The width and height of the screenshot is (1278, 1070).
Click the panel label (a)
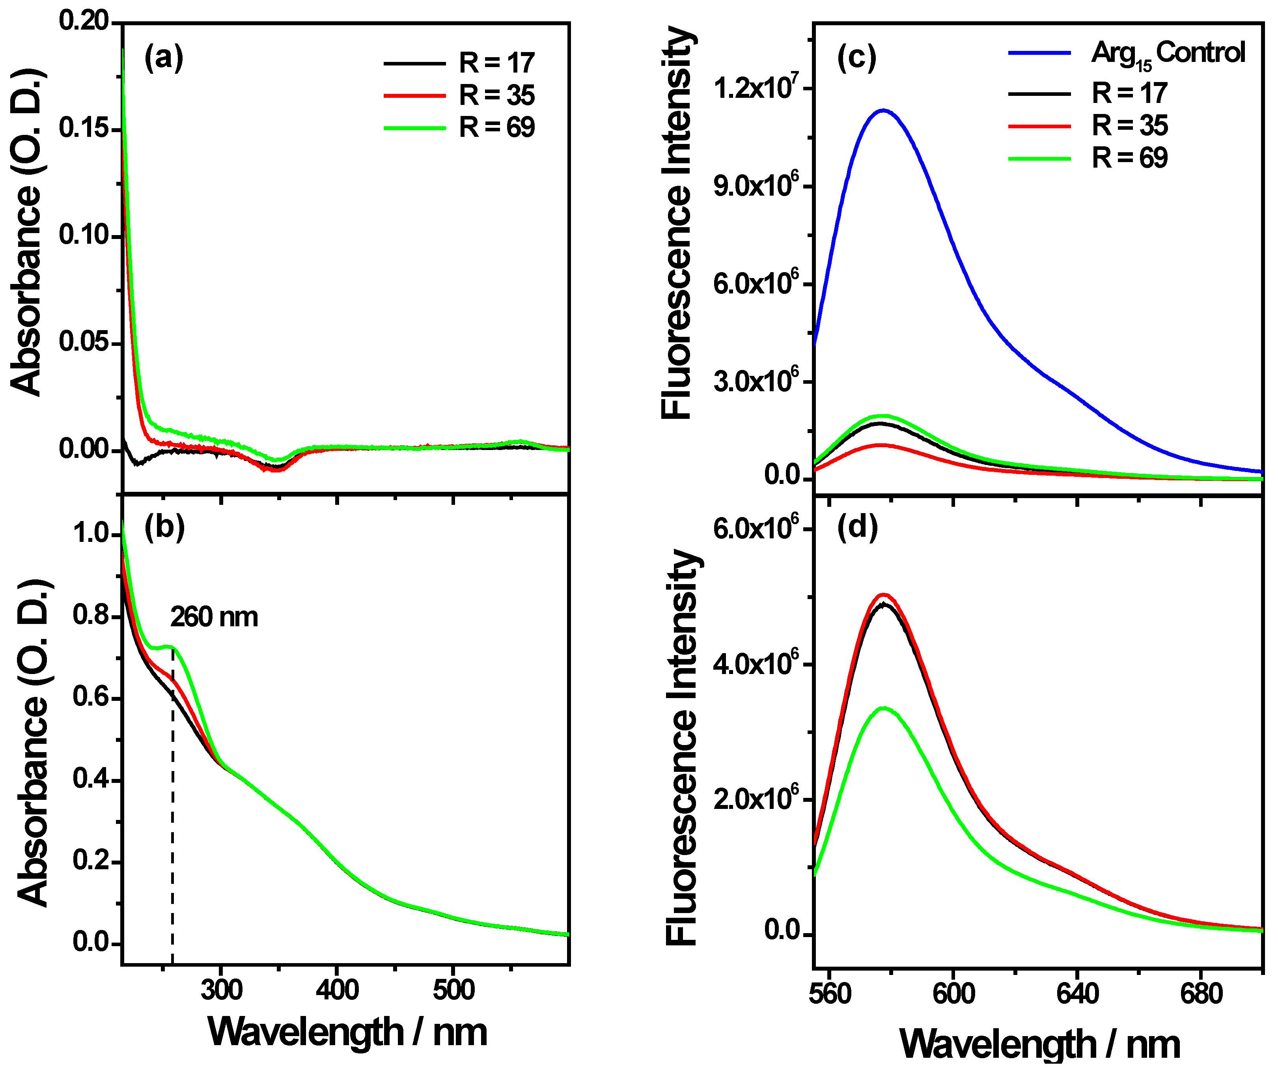click(163, 60)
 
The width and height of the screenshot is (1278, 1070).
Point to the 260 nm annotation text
click(214, 617)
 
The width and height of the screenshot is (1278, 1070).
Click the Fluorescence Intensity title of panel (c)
click(677, 222)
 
